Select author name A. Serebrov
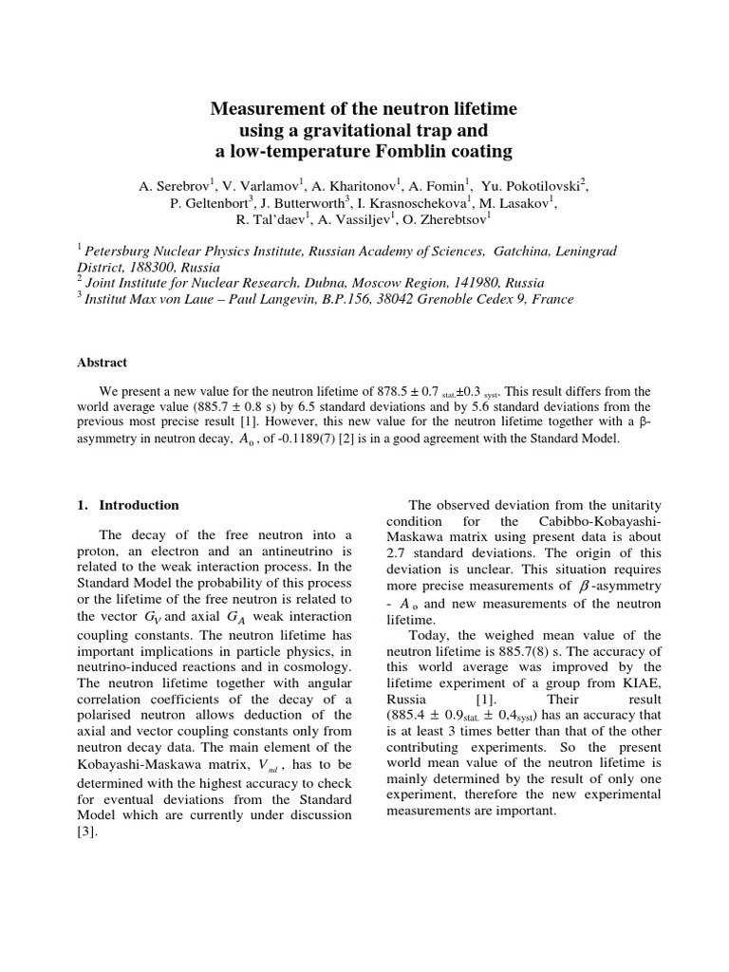point(176,186)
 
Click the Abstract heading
point(103,362)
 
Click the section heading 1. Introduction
point(127,505)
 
